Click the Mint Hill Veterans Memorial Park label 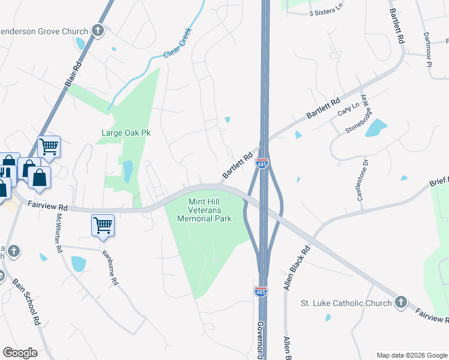point(205,210)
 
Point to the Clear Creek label point(178,43)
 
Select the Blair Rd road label point(73,75)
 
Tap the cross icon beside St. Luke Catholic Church point(401,302)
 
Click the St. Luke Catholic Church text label point(346,303)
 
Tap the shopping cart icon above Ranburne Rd point(103,226)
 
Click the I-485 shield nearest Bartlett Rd point(262,164)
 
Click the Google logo point(20,353)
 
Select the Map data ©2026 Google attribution point(412,355)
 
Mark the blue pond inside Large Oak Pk point(128,171)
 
